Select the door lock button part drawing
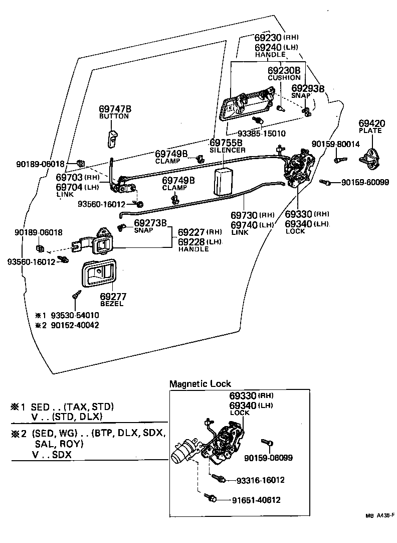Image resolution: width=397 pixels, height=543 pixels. (112, 137)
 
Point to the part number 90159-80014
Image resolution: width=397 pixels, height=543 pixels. (335, 144)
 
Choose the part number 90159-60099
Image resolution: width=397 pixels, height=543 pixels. (365, 182)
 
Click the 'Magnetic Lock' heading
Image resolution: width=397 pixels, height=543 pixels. (200, 384)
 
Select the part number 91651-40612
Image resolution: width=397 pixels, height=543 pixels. (256, 500)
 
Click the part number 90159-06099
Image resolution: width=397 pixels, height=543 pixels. (268, 458)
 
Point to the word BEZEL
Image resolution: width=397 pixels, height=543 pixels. (111, 304)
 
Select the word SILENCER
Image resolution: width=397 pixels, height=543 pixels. (228, 150)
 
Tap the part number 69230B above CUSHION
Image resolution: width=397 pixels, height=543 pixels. (284, 70)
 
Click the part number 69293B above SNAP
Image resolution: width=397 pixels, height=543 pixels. (308, 88)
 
